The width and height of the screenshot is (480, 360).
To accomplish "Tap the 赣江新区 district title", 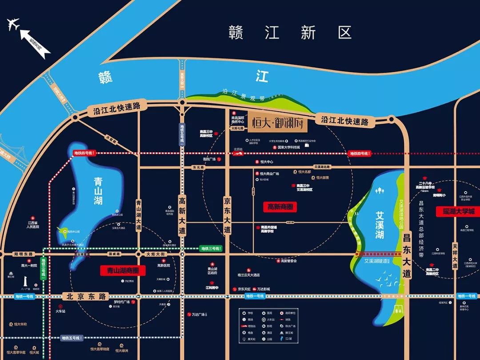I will [x=290, y=32].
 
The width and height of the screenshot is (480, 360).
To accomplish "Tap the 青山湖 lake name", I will [x=98, y=191].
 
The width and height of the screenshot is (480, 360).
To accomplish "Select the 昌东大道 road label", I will [x=406, y=255].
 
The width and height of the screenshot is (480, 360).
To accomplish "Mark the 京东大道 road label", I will [x=227, y=216].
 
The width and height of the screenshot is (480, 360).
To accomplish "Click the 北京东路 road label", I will [x=85, y=296].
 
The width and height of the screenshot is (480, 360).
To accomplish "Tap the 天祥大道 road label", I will [x=455, y=255].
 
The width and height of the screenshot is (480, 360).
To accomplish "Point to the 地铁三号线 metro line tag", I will [x=209, y=248].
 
